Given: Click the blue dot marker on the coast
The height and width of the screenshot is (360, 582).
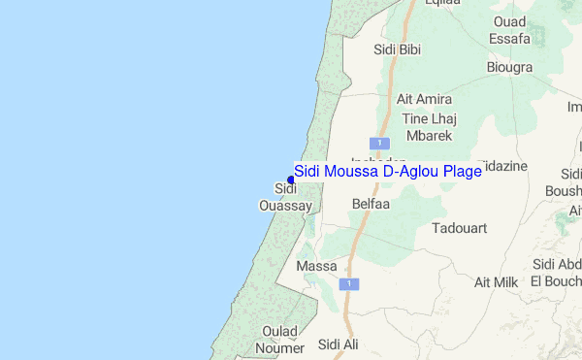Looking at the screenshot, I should pos(291,179).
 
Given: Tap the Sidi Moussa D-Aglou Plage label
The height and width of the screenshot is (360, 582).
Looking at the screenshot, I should pos(388,171).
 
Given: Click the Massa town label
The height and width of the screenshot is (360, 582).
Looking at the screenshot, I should pos(316,265).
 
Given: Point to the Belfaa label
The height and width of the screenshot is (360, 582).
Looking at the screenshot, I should pos(371,205).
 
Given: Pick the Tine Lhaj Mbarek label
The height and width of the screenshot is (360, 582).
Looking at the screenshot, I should pos(429,127).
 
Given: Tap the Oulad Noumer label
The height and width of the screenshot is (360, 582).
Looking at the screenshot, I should pos(279,339).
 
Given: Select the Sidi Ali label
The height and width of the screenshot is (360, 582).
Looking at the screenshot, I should pos(339,344).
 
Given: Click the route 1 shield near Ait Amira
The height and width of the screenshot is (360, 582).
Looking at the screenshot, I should pos(385,144).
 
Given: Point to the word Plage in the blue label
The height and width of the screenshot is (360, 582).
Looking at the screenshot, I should pos(461,171).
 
